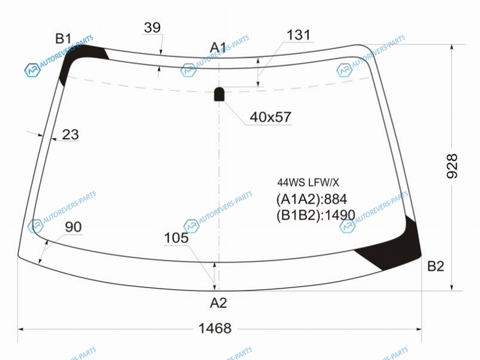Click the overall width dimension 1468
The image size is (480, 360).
pos(215,328)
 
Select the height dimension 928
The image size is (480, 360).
pos(452,166)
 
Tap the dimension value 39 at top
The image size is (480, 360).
pos(152,28)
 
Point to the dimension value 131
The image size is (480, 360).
pos(298,35)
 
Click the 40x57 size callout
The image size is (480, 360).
pos(271,117)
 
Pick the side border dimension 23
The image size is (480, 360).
pos(70,134)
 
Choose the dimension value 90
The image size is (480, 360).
pos(73,227)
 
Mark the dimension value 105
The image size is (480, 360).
pos(176,238)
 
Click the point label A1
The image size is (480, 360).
pos(218,47)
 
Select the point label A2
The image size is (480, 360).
pos(218,303)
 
